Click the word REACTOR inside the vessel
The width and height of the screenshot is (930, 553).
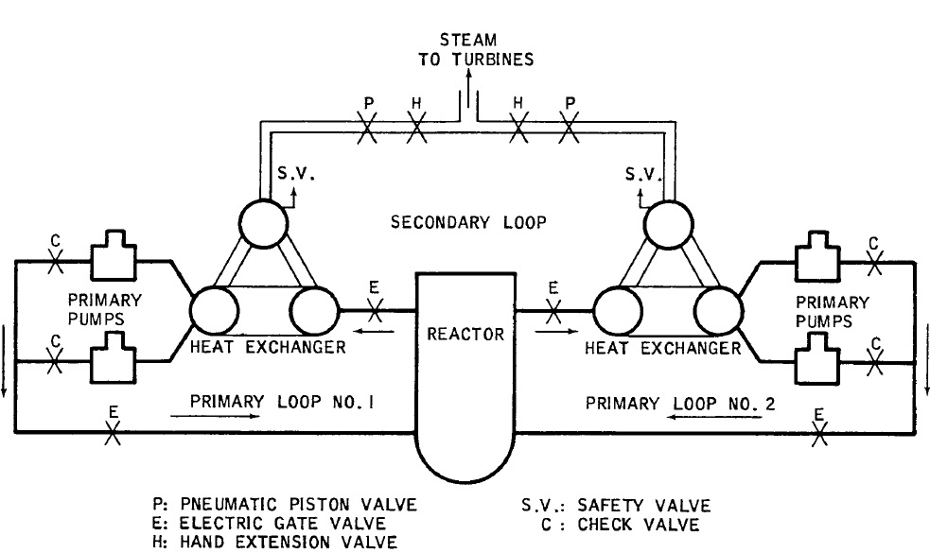(x=465, y=334)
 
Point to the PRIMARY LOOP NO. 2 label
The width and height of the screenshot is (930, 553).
(x=680, y=402)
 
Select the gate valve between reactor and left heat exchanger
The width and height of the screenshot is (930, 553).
(x=377, y=308)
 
